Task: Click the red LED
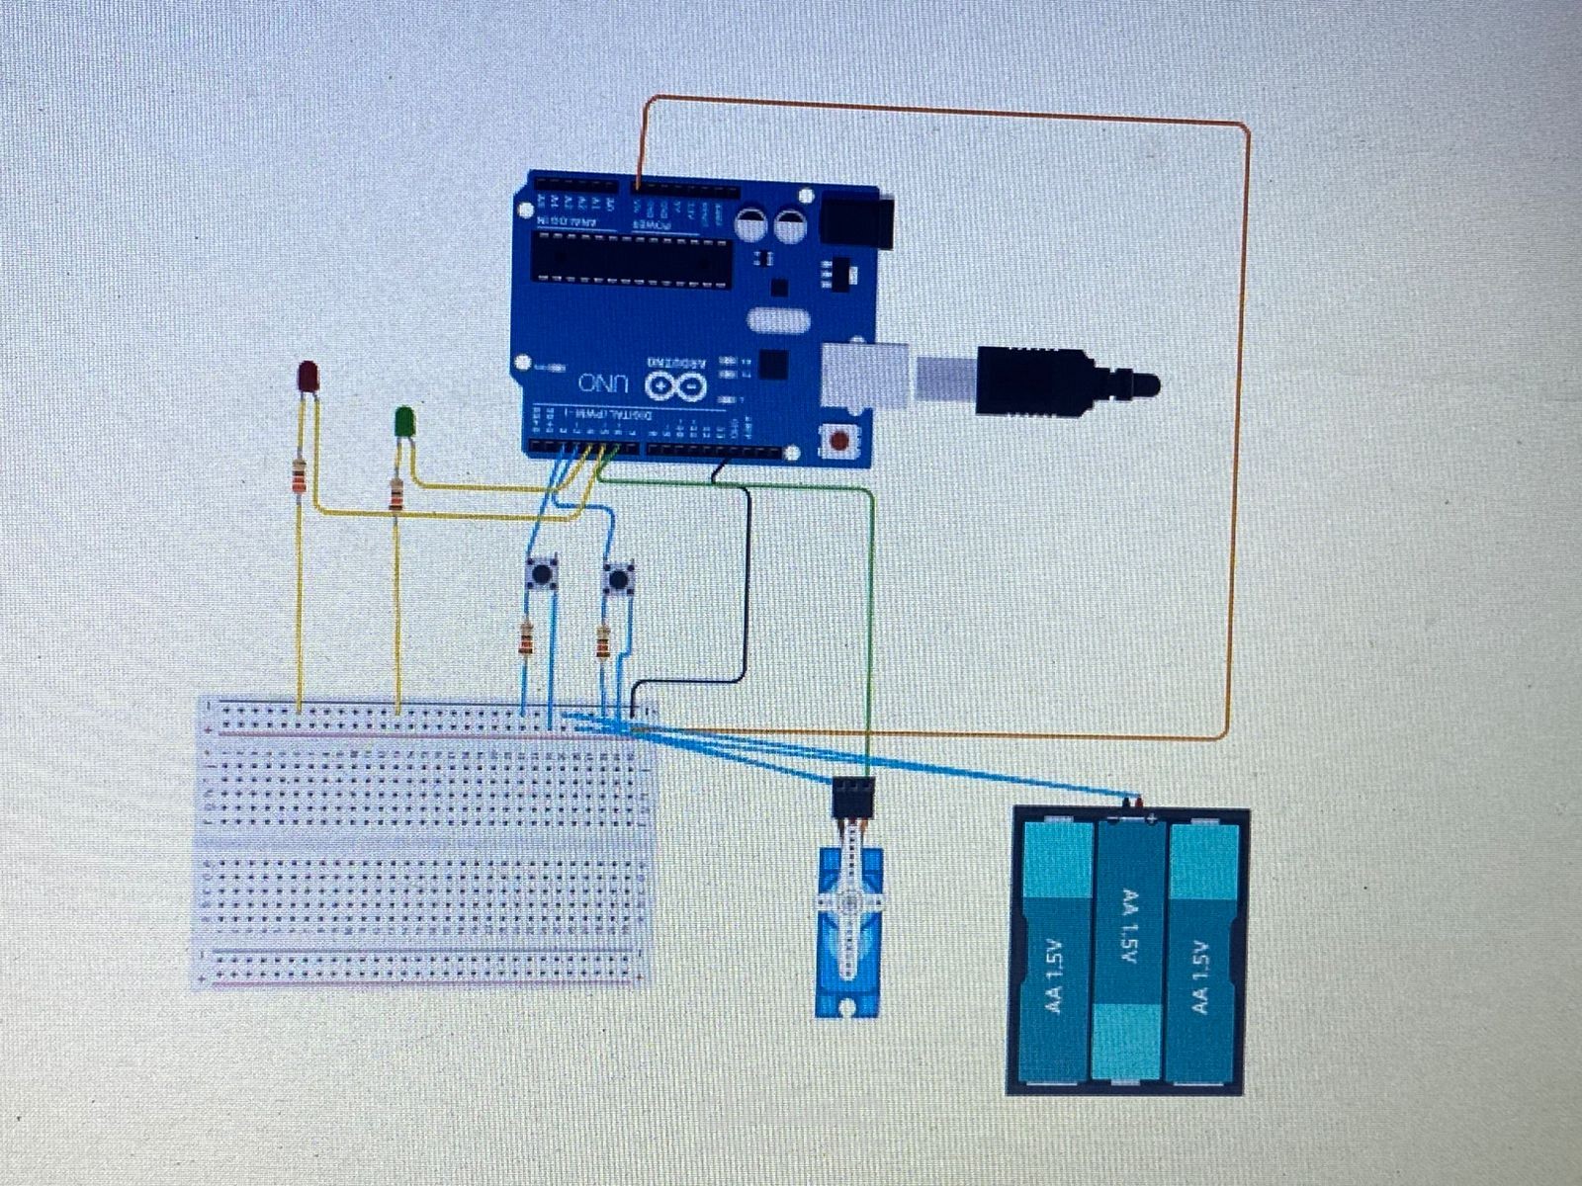tap(308, 376)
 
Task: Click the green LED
tap(403, 422)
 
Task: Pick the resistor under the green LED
tap(396, 494)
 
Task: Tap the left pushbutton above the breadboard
tap(540, 573)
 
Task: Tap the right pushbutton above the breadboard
tap(619, 577)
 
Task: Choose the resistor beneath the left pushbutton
tap(526, 639)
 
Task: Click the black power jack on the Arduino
tap(855, 220)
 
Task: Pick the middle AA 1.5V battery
tap(1127, 949)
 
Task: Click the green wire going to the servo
tap(870, 633)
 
